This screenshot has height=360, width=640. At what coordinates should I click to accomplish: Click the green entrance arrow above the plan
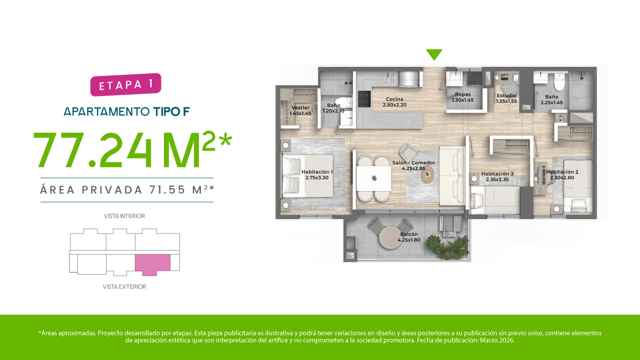point(434,54)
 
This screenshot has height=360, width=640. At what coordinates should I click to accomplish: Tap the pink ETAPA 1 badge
point(126,85)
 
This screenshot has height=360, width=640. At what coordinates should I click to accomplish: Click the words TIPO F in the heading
point(171,112)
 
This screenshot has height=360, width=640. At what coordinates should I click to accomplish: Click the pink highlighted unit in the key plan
point(153,264)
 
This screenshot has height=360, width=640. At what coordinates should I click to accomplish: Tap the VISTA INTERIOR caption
point(124,216)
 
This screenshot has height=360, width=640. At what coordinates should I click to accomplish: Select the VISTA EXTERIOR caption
point(124,287)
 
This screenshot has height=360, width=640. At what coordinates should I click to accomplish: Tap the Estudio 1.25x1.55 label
point(506,98)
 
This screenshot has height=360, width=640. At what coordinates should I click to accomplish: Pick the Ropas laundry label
point(463,97)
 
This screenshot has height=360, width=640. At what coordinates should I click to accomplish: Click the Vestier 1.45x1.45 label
point(300,110)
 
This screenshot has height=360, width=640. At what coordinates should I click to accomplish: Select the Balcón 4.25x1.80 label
point(409,237)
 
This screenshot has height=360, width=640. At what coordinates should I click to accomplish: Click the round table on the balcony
point(391,237)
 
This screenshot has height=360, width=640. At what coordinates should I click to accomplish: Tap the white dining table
point(374,178)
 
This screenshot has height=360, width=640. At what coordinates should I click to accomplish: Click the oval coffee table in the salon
point(427,174)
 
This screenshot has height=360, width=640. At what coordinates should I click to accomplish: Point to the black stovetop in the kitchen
point(364,99)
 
